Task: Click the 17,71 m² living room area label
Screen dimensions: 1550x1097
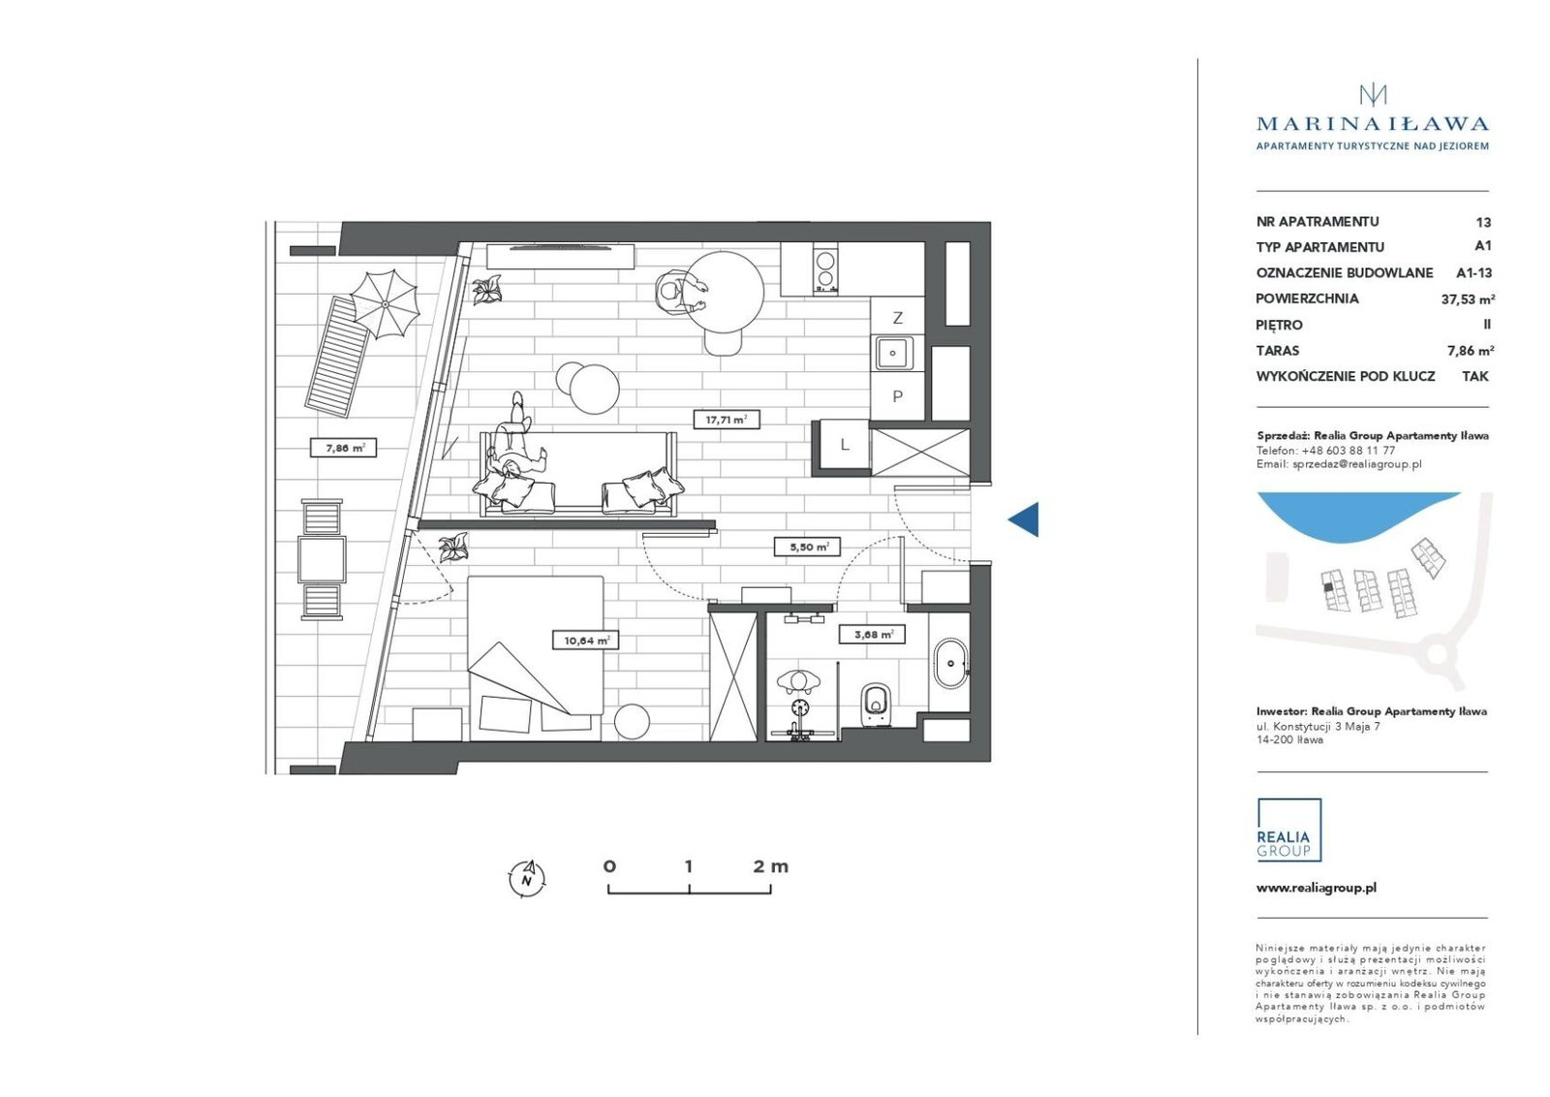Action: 727,420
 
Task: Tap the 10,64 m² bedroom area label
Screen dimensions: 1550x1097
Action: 585,641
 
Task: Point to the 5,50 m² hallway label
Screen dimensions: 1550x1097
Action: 807,547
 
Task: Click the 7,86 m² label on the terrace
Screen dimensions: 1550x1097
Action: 344,448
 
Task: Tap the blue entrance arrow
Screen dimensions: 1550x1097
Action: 1023,519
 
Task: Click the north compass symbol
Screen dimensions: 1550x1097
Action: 527,878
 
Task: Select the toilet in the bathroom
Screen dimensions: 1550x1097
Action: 876,705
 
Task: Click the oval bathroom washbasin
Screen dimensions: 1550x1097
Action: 950,663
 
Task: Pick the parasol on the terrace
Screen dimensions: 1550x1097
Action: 384,304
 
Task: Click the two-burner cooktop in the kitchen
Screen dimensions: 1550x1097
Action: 824,269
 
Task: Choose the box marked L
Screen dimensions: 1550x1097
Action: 844,445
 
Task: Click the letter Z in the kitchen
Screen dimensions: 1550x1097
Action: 897,318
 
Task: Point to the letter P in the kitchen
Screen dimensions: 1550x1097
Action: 897,396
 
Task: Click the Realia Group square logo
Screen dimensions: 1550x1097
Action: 1289,830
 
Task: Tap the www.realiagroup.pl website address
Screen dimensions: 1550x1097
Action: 1317,888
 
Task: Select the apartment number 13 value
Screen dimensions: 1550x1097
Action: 1483,222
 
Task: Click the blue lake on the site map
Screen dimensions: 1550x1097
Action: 1356,513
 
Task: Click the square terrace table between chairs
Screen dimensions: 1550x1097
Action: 322,560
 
